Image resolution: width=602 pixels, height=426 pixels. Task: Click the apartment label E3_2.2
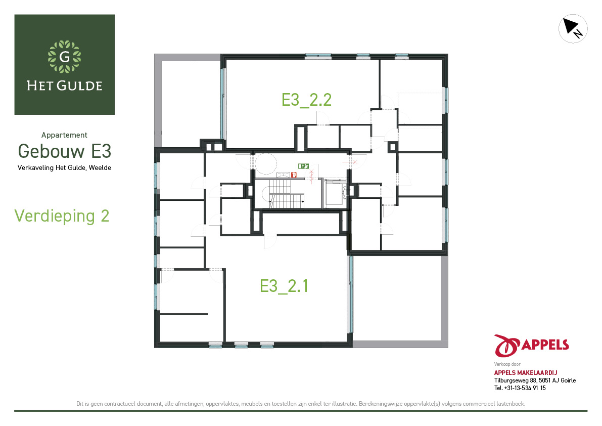306,100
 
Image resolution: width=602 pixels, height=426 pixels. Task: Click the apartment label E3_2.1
284,286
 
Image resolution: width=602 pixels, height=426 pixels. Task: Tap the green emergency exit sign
303,166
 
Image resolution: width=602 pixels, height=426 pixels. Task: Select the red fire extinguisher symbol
294,175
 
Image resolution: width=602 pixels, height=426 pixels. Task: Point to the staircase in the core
283,194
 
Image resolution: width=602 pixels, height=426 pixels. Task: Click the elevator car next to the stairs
334,194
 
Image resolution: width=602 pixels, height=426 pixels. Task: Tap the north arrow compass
573,29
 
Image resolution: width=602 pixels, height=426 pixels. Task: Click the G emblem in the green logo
65,57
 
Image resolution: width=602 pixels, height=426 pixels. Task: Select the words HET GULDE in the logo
65,86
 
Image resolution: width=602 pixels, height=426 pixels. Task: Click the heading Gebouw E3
65,151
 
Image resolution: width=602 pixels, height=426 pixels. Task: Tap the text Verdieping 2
62,216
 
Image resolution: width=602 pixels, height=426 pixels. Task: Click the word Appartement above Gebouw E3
64,135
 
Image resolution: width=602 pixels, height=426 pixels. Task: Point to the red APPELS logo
531,346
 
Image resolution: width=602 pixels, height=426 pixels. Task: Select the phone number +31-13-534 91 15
525,388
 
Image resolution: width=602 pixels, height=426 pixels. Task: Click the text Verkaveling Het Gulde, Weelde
64,168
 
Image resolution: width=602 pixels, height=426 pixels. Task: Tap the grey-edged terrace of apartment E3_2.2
188,101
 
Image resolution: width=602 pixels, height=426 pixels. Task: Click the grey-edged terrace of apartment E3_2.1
400,301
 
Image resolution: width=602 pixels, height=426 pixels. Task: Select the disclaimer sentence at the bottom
301,404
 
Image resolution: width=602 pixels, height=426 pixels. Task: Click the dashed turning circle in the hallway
266,164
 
